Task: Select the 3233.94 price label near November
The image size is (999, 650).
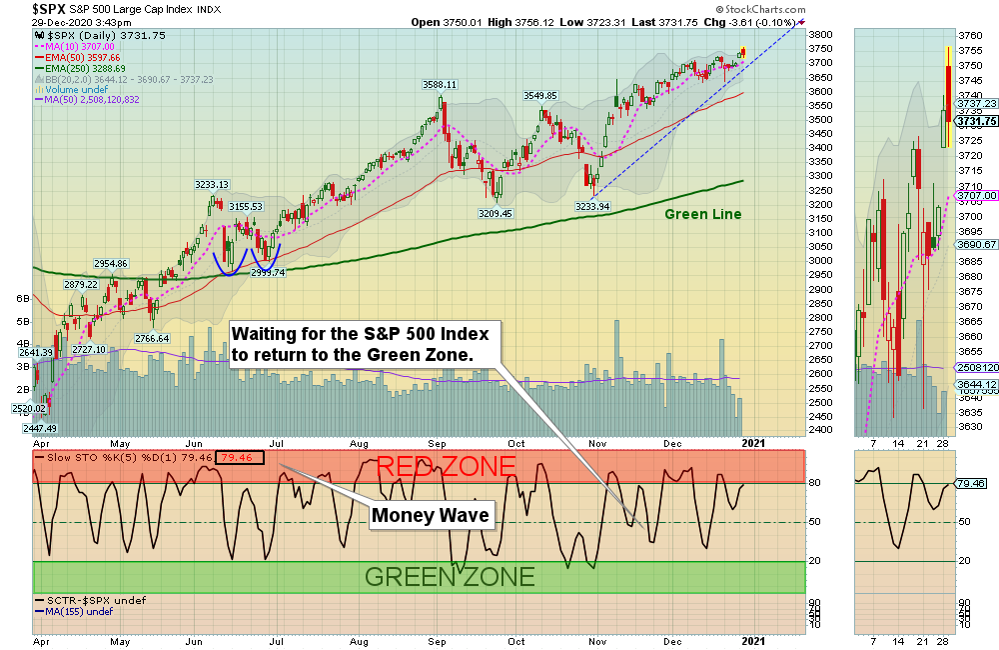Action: click(x=592, y=207)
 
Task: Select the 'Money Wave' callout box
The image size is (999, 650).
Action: click(x=431, y=515)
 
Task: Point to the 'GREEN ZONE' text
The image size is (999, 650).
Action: click(x=450, y=576)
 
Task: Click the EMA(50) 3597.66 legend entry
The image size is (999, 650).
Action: click(x=86, y=59)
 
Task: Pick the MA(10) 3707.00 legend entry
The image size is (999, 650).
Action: click(x=83, y=47)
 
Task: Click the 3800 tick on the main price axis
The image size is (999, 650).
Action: click(x=821, y=34)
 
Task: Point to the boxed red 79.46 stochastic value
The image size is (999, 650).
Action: click(x=240, y=458)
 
